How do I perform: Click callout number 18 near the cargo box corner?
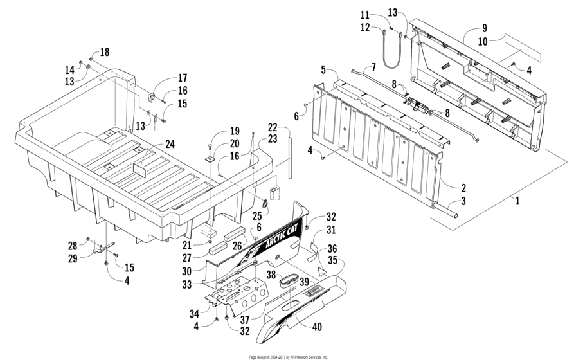105,51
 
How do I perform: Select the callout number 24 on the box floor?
170,144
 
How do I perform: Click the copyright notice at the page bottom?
288,356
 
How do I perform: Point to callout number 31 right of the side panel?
330,230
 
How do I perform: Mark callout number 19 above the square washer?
217,131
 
